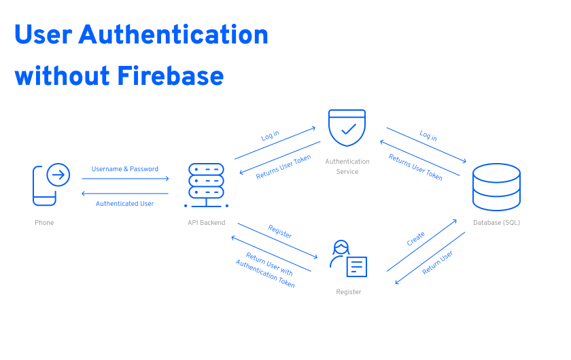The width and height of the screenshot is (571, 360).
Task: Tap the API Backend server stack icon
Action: pos(206,185)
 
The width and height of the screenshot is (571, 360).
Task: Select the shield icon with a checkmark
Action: pos(347,128)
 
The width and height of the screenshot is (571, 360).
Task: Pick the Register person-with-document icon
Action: pos(348,259)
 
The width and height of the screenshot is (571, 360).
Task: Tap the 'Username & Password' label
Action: pos(125,169)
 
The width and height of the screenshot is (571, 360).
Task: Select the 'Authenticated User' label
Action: pos(124,204)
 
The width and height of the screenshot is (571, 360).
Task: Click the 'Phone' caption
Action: pos(44,223)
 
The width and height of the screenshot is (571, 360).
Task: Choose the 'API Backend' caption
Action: pos(207,223)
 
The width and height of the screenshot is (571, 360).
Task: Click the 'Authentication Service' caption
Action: pos(347,166)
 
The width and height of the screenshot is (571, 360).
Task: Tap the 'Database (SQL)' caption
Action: pos(496,223)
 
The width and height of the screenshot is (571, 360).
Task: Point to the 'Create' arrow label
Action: pos(416,239)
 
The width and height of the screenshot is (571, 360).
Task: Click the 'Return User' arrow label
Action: pos(438,263)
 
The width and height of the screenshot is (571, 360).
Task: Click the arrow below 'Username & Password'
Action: pos(125,179)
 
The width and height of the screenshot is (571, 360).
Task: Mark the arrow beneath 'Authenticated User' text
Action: pos(125,194)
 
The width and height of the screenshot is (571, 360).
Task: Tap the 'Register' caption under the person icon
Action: pos(349,292)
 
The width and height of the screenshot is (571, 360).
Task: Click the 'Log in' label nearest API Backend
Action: pos(271,136)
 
